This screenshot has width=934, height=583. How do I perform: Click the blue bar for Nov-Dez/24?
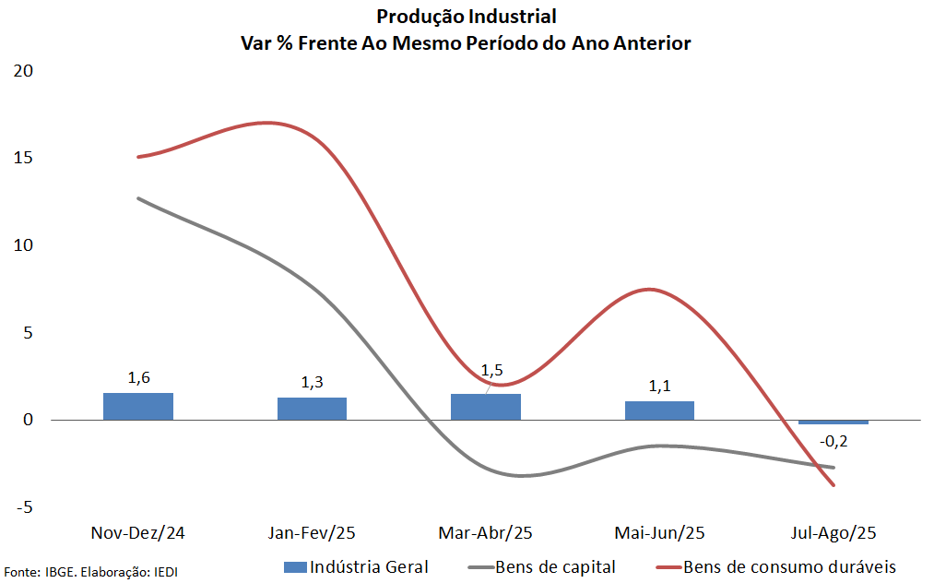pos(138,406)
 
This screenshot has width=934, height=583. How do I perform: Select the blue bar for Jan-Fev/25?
pos(312,409)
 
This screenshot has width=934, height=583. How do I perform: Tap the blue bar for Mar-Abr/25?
pos(486,407)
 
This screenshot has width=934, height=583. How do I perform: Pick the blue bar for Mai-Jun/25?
pos(659,410)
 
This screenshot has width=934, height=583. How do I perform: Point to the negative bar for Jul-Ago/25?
pos(834,422)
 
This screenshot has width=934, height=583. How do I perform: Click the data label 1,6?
pos(138,377)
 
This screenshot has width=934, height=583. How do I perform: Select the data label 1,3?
pos(312,382)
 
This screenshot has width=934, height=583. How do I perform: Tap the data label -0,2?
pos(834,441)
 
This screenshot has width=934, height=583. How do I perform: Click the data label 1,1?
pos(659,386)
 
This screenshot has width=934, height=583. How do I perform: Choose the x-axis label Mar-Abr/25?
pos(486,533)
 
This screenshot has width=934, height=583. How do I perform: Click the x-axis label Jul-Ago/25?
pos(834,533)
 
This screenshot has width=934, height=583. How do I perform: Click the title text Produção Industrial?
pos(467,17)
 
